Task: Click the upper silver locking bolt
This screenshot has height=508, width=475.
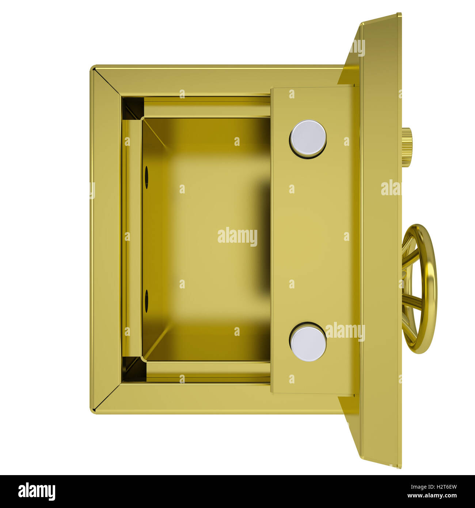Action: (x=308, y=139)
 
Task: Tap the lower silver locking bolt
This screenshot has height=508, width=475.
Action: (x=308, y=342)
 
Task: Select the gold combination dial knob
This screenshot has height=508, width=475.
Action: (x=407, y=147)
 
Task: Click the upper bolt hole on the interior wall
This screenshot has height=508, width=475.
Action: (x=147, y=178)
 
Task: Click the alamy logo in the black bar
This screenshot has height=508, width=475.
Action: (x=37, y=491)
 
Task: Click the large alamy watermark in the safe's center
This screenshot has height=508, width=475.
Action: (x=237, y=236)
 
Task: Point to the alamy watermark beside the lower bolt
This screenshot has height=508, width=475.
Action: (x=345, y=331)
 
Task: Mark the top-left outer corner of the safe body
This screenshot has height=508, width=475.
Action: (x=91, y=67)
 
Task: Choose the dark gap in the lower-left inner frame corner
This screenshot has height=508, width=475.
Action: (x=133, y=369)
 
